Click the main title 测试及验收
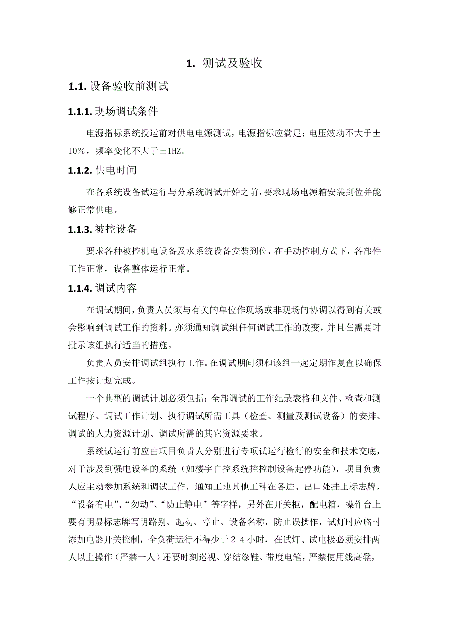(232, 64)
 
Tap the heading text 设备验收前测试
(129, 87)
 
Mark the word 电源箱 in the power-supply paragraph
(307, 192)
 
